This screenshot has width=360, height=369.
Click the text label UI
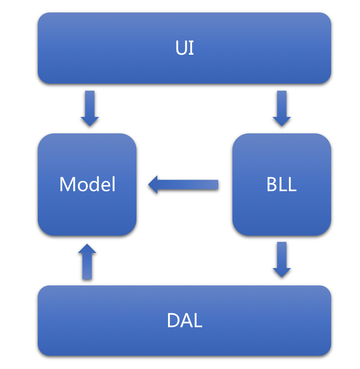pyautogui.click(x=184, y=48)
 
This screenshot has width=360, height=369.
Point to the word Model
pyautogui.click(x=88, y=184)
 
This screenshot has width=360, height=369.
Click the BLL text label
pyautogui.click(x=281, y=184)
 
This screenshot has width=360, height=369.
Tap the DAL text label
pyautogui.click(x=184, y=321)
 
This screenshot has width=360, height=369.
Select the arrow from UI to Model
pyautogui.click(x=89, y=107)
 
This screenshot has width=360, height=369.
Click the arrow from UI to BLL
pyautogui.click(x=281, y=107)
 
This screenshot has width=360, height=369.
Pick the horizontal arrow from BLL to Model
pyautogui.click(x=187, y=184)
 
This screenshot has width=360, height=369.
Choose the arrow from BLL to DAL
pyautogui.click(x=281, y=258)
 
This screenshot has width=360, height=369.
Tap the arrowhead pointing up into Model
pyautogui.click(x=87, y=249)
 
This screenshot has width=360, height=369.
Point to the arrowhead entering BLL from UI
pyautogui.click(x=281, y=121)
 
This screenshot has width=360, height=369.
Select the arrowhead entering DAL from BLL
pyautogui.click(x=281, y=272)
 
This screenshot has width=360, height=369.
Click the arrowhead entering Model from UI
pyautogui.click(x=89, y=121)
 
